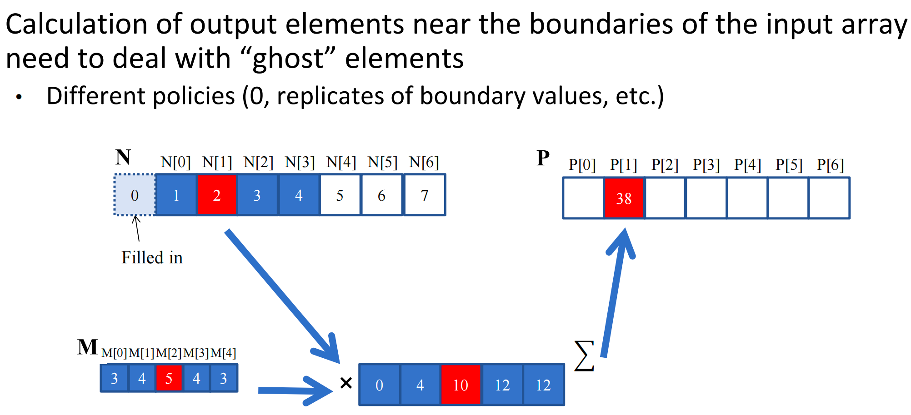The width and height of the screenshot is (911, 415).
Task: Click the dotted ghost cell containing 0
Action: click(x=135, y=195)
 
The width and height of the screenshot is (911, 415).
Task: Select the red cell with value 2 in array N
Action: click(x=217, y=195)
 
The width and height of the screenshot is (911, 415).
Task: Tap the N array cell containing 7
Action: click(x=425, y=195)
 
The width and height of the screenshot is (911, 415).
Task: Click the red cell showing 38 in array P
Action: click(x=624, y=198)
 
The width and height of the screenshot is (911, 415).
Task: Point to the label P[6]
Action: click(x=830, y=164)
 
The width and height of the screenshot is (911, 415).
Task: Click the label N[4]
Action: click(x=341, y=162)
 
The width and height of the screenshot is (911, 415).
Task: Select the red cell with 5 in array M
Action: click(x=169, y=378)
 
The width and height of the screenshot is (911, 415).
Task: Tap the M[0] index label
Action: click(x=114, y=353)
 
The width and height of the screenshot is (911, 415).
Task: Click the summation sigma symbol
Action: click(x=584, y=356)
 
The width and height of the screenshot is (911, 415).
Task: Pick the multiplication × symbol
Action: click(x=346, y=383)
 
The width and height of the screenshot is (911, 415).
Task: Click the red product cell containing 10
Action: click(x=461, y=385)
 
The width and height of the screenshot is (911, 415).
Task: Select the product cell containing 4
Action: click(x=420, y=385)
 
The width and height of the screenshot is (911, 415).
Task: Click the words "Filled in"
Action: click(x=152, y=258)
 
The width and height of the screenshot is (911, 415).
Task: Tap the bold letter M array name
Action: click(x=87, y=347)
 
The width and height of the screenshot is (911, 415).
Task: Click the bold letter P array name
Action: click(x=543, y=158)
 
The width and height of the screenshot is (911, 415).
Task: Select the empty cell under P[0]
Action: click(x=583, y=198)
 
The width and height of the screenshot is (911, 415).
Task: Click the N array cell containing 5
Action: click(x=340, y=195)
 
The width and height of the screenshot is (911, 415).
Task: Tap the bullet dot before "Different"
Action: click(x=19, y=97)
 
